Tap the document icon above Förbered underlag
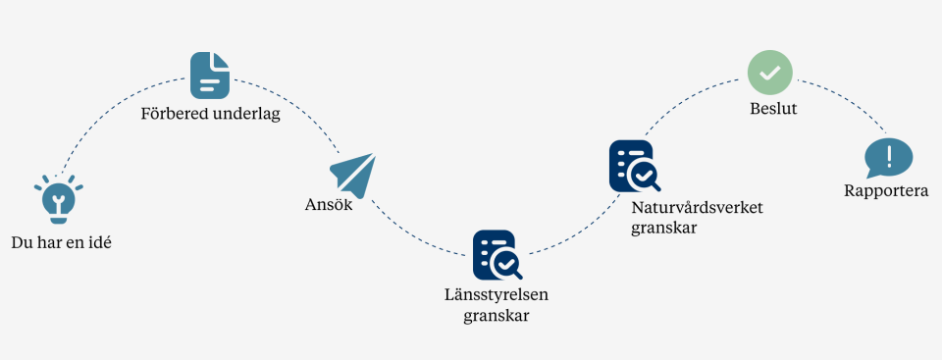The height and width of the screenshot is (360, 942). point(209,75)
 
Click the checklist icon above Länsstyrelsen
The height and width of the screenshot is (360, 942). point(497,254)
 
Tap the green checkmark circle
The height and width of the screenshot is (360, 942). point(770,73)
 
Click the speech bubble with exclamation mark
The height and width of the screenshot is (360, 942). point(888,157)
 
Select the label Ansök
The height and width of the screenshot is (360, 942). point(328,206)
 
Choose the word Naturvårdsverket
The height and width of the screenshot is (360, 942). point(697,208)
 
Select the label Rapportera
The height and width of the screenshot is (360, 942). point(886,191)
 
